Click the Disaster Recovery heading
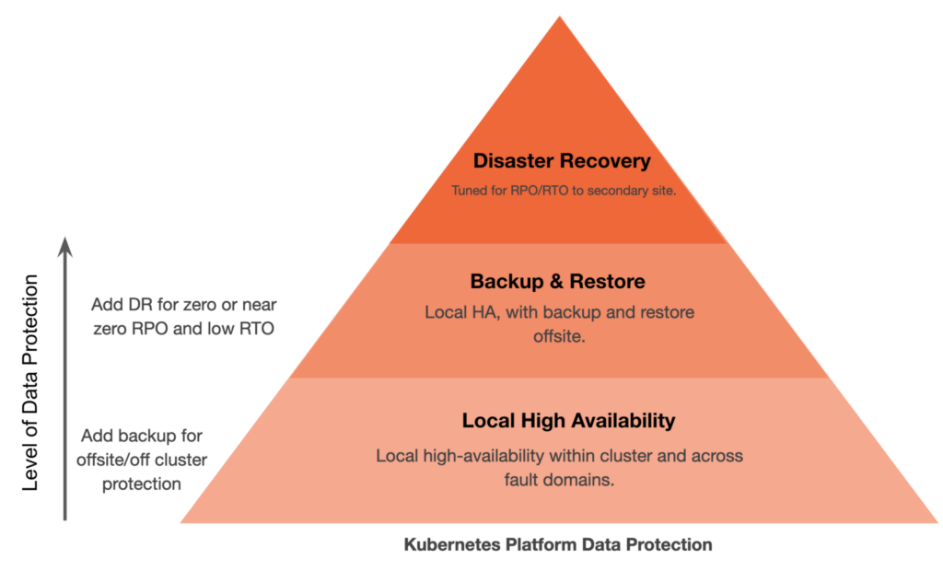[x=561, y=161]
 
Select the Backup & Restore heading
[x=557, y=281]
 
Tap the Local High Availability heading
[x=568, y=421]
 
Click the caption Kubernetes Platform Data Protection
[x=558, y=544]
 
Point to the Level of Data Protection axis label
[x=30, y=382]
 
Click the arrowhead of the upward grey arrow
[x=64, y=244]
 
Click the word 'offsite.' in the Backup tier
[x=560, y=337]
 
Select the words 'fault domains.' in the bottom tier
[x=560, y=479]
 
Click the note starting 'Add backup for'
[x=142, y=459]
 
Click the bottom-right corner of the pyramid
[x=936, y=522]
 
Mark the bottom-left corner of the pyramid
[x=182, y=522]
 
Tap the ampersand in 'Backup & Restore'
[x=549, y=281]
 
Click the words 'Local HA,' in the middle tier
[x=458, y=313]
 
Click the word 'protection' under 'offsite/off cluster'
[x=142, y=483]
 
